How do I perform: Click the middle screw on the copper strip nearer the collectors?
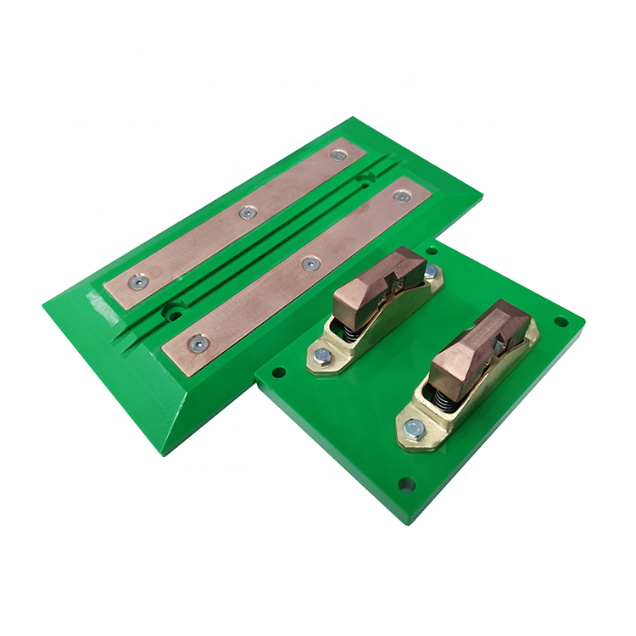(x=311, y=265)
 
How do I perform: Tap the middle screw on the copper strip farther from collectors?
(x=247, y=213)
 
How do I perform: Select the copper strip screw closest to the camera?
(x=198, y=343)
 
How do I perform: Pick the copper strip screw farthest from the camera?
(x=338, y=155)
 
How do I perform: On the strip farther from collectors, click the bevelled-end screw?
(x=137, y=281)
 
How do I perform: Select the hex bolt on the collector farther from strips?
(x=414, y=429)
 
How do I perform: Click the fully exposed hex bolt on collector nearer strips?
(x=322, y=356)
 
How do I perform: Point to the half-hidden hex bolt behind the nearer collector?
(x=431, y=272)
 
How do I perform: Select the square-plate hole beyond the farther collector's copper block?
(x=561, y=321)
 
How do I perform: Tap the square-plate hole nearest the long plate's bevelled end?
(x=276, y=371)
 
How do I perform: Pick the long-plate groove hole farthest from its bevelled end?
(x=365, y=179)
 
